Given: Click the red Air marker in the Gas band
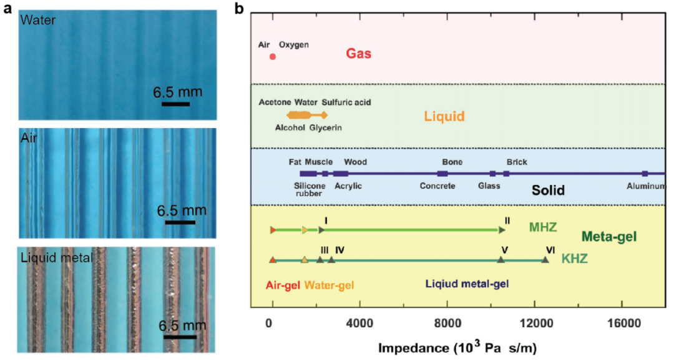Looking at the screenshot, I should tap(273, 57).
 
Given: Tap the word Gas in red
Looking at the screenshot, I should tap(358, 54).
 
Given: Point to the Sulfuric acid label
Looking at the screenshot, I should tap(348, 102).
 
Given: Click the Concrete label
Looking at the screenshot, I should tap(437, 185).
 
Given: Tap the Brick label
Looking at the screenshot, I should tap(517, 162).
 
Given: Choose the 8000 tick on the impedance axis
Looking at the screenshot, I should tap(446, 323).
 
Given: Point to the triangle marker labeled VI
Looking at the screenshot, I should tap(545, 260).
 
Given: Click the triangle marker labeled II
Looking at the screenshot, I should tap(502, 230).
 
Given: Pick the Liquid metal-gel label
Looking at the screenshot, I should tap(467, 284).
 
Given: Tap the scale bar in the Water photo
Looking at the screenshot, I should tap(175, 103).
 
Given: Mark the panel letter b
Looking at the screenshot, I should tap(239, 9).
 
